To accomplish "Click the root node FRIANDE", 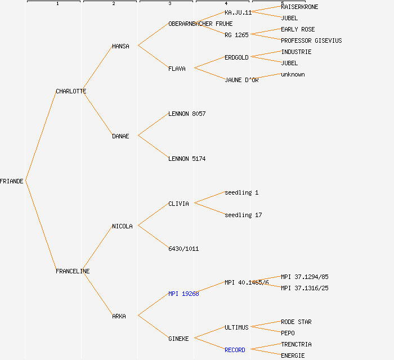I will click(x=12, y=181).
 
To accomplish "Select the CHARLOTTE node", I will click(x=71, y=91).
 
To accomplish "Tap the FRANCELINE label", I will click(x=73, y=271).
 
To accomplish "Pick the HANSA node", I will click(x=120, y=46).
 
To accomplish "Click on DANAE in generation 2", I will click(x=120, y=136).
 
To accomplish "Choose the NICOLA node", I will click(x=122, y=226).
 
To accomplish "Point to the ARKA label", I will click(x=119, y=316).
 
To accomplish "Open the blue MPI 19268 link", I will click(x=183, y=294).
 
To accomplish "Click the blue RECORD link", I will click(x=235, y=350).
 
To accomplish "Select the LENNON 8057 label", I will click(x=187, y=114).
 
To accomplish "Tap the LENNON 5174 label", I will click(x=187, y=159).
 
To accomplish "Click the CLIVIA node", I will click(x=178, y=204).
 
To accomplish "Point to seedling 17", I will click(x=243, y=215).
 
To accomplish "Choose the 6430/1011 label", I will click(x=183, y=249).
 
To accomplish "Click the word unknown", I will click(x=293, y=74).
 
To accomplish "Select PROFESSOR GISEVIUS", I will click(x=311, y=40).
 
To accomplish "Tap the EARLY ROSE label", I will click(x=298, y=29).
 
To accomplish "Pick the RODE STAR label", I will click(x=296, y=322).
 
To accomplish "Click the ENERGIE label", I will click(x=293, y=355).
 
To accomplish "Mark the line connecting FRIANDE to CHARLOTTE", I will click(x=41, y=136).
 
